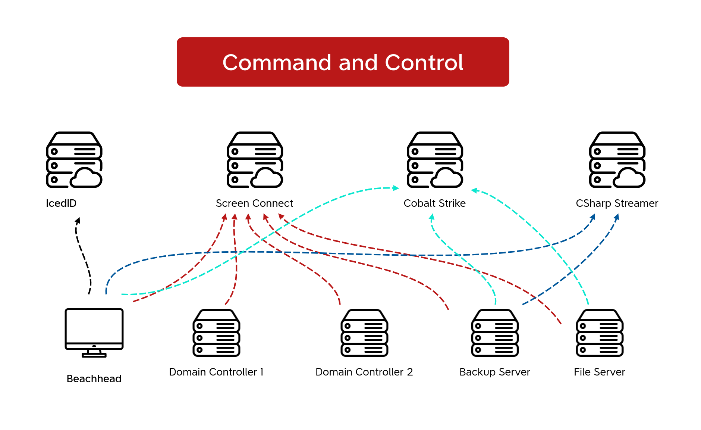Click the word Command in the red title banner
tap(276, 62)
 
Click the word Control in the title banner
tap(424, 62)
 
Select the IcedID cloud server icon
tap(74, 160)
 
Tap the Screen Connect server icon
tap(255, 160)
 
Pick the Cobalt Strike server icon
tap(435, 160)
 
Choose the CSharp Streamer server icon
tap(617, 160)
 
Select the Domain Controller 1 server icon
tap(216, 333)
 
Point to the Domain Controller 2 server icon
tap(364, 333)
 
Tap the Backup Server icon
tap(495, 333)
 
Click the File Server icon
tap(600, 333)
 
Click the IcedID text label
tap(61, 203)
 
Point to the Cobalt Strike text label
tap(434, 203)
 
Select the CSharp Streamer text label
tap(617, 203)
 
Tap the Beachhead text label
tap(94, 379)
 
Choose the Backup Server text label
tap(494, 372)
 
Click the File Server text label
tap(599, 372)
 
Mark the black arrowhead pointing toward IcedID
tap(78, 221)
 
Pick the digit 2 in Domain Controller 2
tap(410, 372)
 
